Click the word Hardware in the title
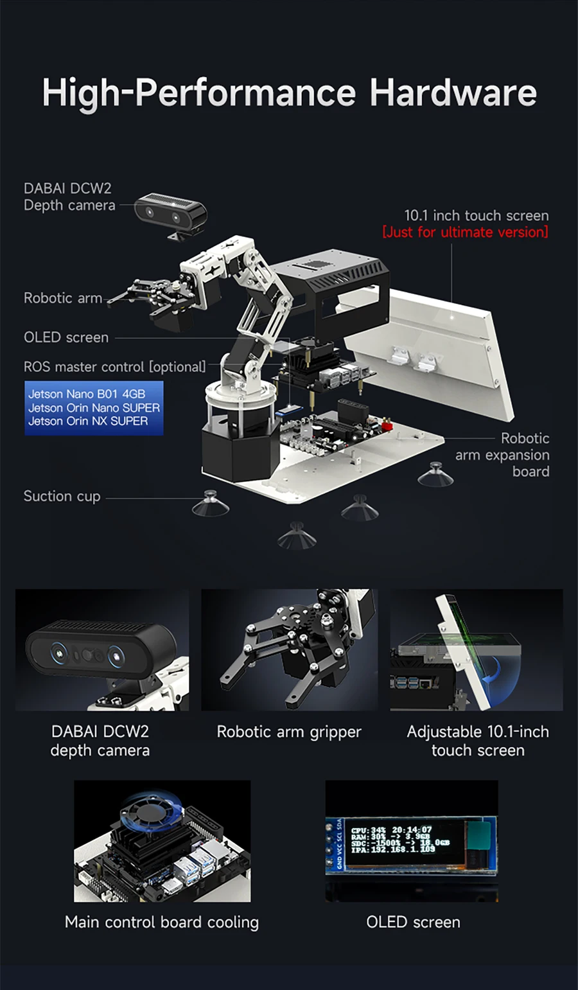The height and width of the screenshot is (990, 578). (453, 93)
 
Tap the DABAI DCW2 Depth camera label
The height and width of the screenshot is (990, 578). (69, 197)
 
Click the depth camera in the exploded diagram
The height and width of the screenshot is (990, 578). (171, 213)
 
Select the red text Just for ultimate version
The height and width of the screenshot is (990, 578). (466, 232)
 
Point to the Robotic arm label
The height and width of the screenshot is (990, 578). (63, 298)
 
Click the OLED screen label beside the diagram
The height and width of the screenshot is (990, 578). (66, 337)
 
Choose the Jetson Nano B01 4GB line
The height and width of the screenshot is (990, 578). (87, 394)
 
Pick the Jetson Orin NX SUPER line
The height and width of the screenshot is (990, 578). (88, 421)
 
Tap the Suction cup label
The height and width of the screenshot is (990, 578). (62, 497)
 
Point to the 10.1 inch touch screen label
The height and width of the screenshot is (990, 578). (477, 215)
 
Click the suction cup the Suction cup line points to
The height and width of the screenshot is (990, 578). (211, 504)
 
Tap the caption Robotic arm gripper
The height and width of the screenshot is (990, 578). (289, 732)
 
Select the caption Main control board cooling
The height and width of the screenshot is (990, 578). (162, 923)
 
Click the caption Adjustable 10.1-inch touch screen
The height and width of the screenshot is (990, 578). (478, 741)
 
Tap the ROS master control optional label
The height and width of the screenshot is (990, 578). (115, 367)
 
